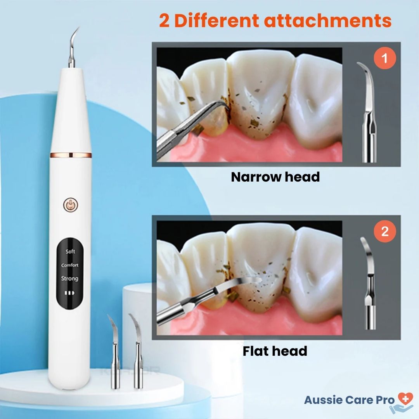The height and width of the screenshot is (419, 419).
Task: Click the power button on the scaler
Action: (70, 205)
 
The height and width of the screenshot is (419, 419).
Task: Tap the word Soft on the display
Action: (70, 251)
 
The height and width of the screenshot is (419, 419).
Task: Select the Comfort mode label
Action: (70, 265)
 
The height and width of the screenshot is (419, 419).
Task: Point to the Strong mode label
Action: (70, 279)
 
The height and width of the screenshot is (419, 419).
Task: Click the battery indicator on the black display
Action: (70, 293)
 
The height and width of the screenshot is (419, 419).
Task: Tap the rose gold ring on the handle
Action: (71, 155)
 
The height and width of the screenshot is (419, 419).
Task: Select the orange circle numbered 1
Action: (385, 59)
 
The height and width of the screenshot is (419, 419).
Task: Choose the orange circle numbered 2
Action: (385, 232)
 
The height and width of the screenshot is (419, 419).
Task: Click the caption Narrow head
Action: (275, 177)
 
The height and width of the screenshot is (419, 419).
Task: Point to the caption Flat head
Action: (275, 351)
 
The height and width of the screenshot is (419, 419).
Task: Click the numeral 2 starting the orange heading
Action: (164, 21)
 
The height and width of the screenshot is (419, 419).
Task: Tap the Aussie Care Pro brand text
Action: (349, 400)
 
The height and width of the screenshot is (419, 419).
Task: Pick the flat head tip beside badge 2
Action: (369, 283)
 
